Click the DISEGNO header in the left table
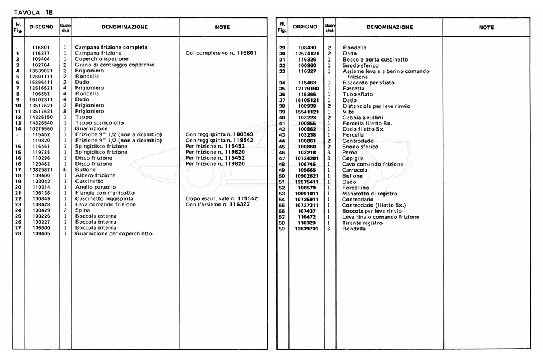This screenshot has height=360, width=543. point(41,27)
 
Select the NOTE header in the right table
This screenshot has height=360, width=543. point(486,27)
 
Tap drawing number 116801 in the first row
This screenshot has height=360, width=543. point(41,47)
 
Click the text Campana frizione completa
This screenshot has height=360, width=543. point(111,47)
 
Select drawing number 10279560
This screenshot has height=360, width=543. point(41,128)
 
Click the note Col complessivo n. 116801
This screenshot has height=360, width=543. point(222,53)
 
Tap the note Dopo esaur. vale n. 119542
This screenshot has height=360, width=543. point(222,198)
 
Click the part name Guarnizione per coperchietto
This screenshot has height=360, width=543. point(113,233)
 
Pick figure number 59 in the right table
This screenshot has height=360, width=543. point(282,229)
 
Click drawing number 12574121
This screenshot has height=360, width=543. point(307,54)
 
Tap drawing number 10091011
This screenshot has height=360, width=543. point(307,193)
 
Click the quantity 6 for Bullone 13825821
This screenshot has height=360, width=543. point(65,169)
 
